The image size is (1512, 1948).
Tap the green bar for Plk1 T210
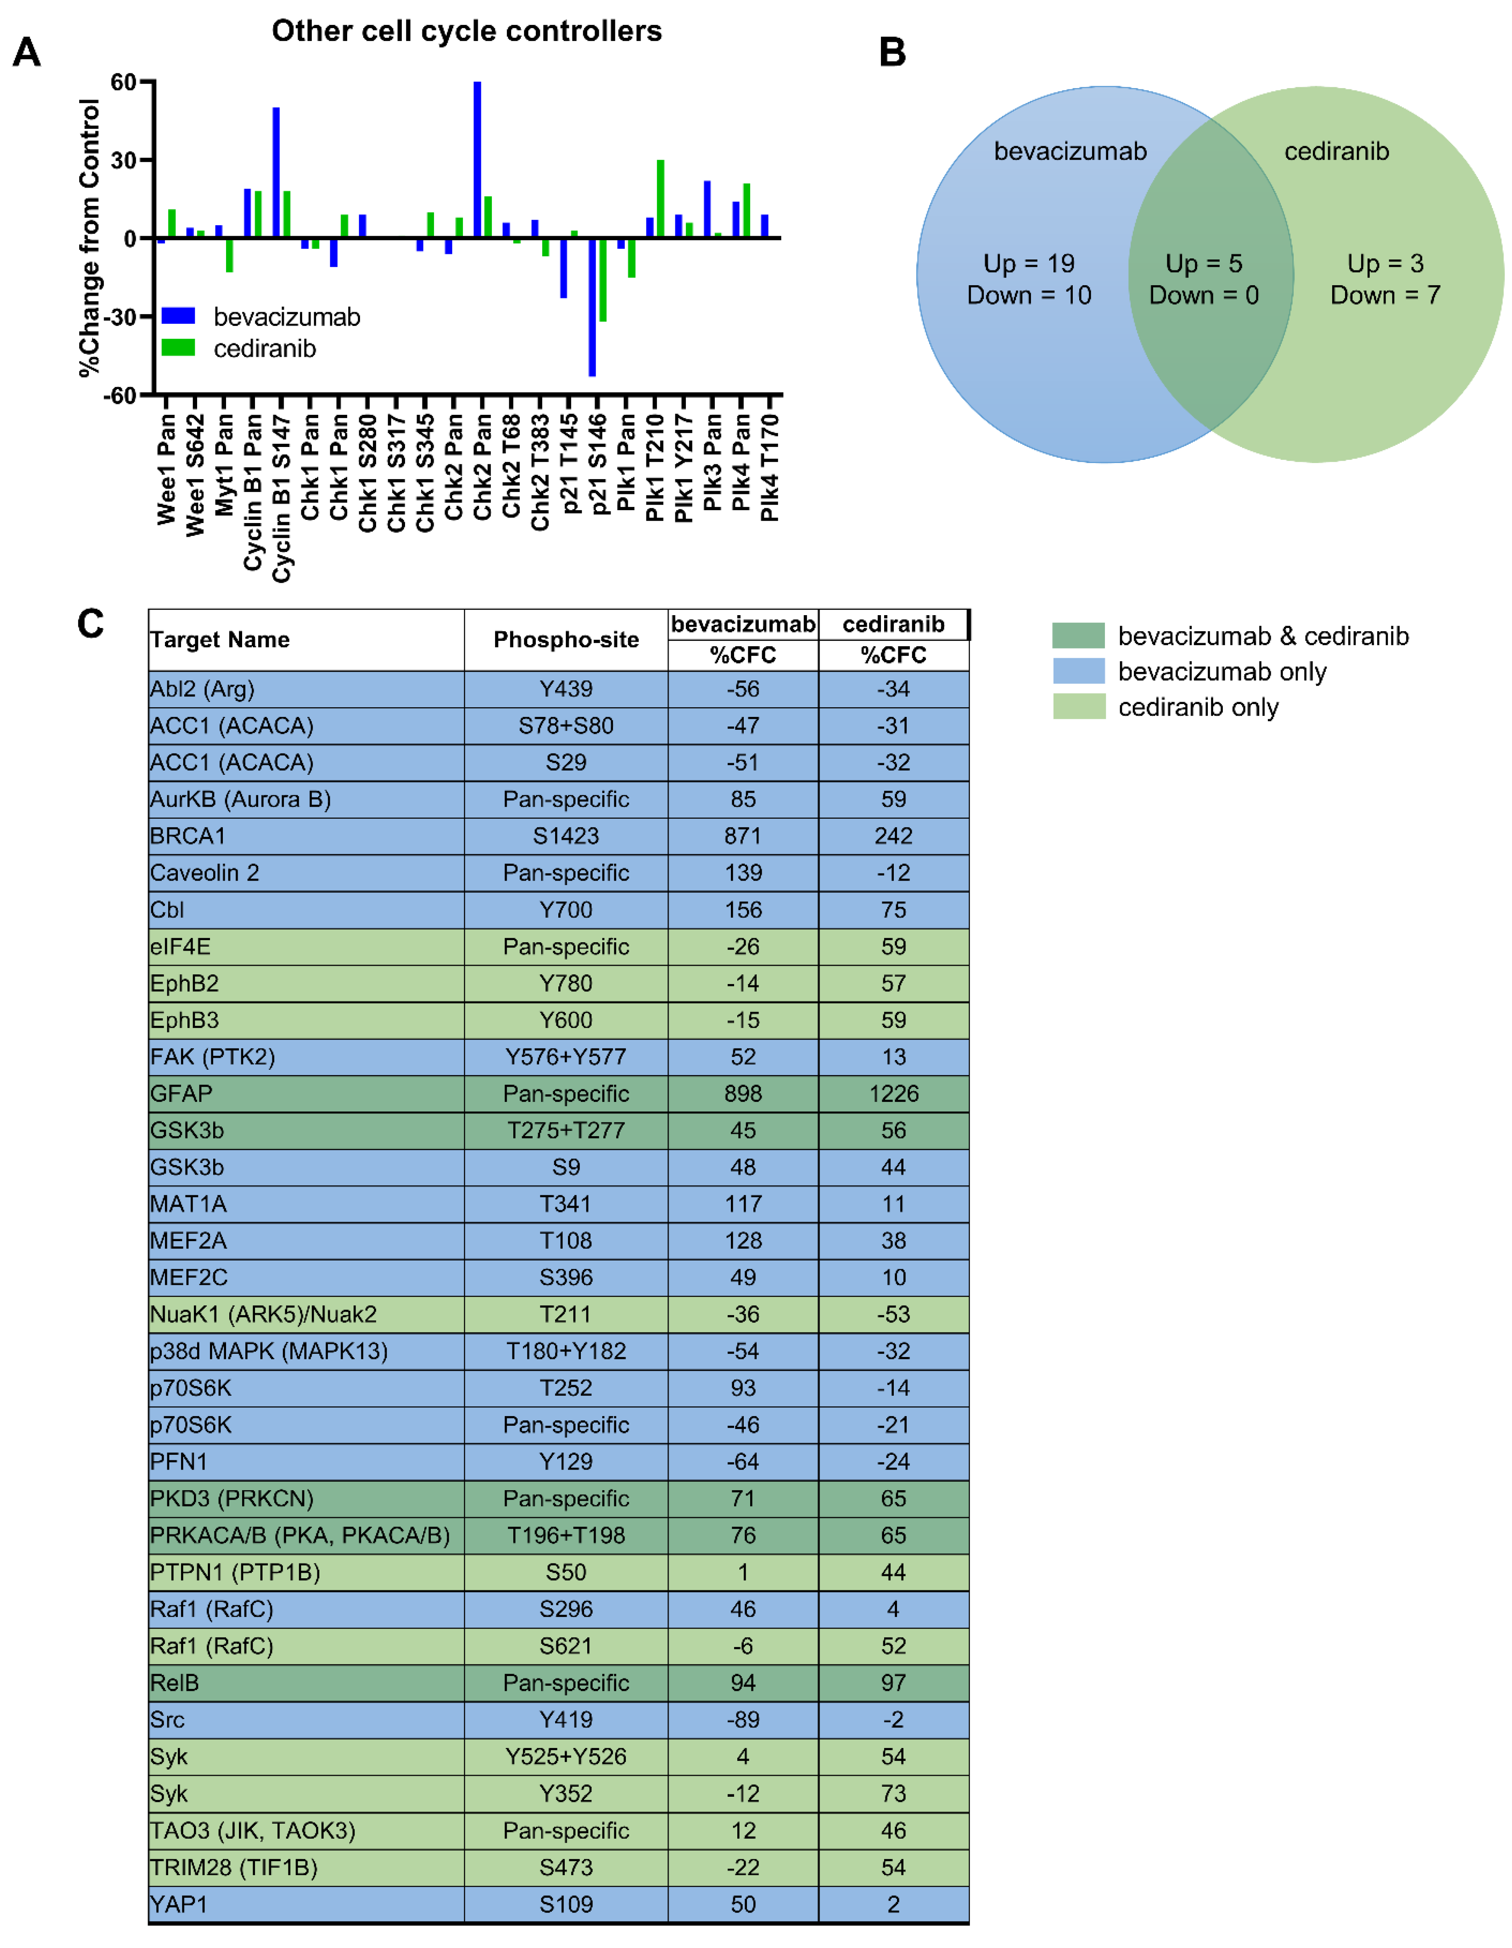(660, 198)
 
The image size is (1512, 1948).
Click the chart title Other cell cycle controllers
(466, 31)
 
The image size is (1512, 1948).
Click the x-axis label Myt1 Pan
(224, 464)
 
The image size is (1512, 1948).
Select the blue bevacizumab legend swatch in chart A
(178, 316)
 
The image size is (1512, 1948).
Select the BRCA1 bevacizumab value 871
(743, 836)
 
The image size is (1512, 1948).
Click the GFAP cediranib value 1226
(893, 1093)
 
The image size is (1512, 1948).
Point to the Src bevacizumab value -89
(743, 1719)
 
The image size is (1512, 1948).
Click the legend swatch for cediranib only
(1079, 706)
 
